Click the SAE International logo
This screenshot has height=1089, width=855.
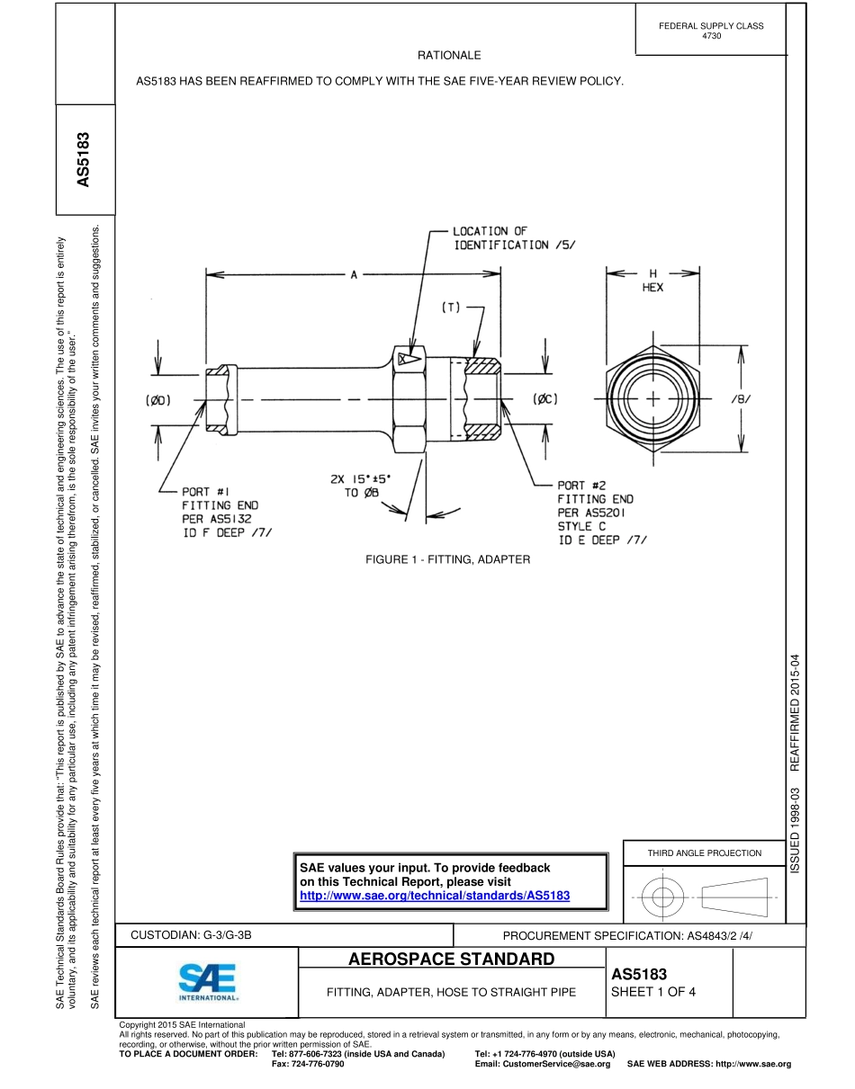tap(207, 983)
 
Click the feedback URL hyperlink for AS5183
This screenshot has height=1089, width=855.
tap(435, 896)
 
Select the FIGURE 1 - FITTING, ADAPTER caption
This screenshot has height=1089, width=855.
tap(447, 559)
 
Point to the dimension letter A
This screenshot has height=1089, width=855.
tap(354, 276)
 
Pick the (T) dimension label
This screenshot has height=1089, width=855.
tap(450, 308)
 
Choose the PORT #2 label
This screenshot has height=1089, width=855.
tap(581, 486)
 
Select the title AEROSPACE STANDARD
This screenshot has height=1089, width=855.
tap(451, 960)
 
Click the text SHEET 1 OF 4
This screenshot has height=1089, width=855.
tap(653, 993)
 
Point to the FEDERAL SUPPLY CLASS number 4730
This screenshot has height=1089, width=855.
tap(711, 35)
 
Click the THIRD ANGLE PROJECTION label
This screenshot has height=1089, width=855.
tap(704, 852)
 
